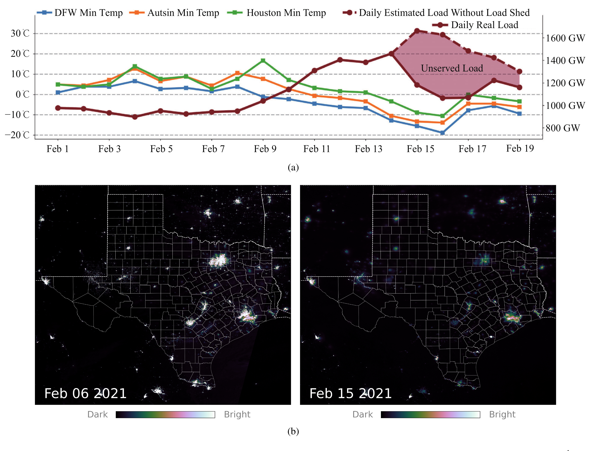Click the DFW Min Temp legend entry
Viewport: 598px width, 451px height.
pyautogui.click(x=80, y=13)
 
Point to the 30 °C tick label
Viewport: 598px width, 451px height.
pyautogui.click(x=20, y=34)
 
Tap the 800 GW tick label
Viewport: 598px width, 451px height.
pyautogui.click(x=562, y=128)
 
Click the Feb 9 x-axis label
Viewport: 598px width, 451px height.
pyautogui.click(x=265, y=149)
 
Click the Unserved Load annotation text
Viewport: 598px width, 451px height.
pyautogui.click(x=452, y=68)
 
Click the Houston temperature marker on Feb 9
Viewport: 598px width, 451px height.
pyautogui.click(x=263, y=61)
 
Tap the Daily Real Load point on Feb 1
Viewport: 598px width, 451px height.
pyautogui.click(x=58, y=108)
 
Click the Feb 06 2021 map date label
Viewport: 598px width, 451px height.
pyautogui.click(x=85, y=393)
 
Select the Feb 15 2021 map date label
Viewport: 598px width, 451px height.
pyautogui.click(x=350, y=393)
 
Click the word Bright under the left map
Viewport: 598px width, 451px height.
pyautogui.click(x=237, y=415)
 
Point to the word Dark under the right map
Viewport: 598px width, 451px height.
pyautogui.click(x=362, y=415)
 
